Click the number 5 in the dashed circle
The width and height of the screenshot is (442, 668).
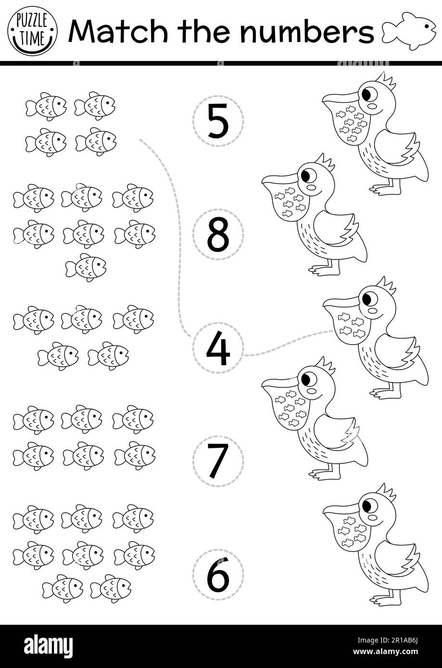point(218,121)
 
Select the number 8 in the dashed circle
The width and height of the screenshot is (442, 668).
point(218,235)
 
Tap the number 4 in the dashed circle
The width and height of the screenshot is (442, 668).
point(218,348)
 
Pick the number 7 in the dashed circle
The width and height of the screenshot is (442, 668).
point(218,461)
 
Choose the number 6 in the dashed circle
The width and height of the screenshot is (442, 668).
point(218,575)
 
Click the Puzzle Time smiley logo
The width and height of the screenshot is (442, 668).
point(32,32)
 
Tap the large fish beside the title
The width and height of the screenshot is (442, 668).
point(409,31)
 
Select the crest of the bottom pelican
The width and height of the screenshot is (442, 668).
point(386,492)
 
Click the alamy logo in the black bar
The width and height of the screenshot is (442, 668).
point(49,645)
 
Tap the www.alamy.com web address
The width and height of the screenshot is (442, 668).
point(386,652)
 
